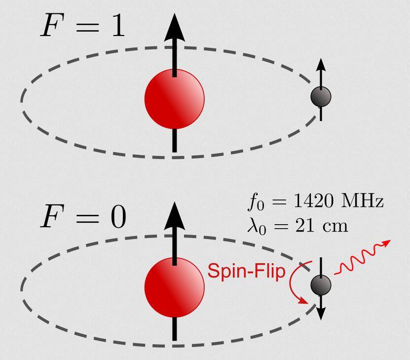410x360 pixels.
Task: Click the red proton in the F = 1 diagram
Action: click(174, 99)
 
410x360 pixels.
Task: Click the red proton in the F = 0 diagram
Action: click(174, 287)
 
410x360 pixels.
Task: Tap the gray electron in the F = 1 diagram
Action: click(321, 97)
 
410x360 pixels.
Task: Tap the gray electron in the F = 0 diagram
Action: click(321, 285)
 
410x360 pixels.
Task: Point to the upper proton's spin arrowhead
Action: click(174, 28)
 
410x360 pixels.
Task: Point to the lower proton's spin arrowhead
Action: click(174, 216)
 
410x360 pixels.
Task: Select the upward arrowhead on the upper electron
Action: click(321, 65)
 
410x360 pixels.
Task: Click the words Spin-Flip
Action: click(246, 272)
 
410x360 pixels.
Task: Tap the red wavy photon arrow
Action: click(362, 257)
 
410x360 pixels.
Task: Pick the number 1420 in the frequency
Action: click(314, 201)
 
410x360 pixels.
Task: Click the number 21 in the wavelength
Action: click(304, 226)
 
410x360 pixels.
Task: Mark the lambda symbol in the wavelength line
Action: click(253, 226)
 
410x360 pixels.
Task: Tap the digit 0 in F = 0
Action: click(118, 216)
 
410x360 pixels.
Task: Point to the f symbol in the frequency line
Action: click(253, 202)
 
